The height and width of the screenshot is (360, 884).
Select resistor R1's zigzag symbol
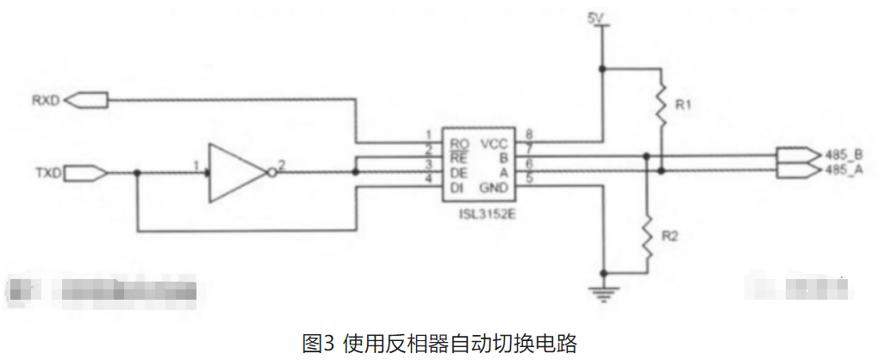[x=661, y=101]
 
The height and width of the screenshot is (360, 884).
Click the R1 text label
[x=685, y=105]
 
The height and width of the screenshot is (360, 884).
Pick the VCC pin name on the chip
[x=494, y=142]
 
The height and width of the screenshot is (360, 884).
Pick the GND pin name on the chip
[x=494, y=187]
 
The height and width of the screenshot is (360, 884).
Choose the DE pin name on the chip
[x=459, y=171]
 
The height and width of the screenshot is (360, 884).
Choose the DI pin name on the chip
[x=458, y=187]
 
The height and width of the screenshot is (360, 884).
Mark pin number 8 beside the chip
[x=530, y=134]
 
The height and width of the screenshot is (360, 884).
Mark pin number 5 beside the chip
[x=530, y=179]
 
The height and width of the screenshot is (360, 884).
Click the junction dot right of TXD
[x=138, y=173]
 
